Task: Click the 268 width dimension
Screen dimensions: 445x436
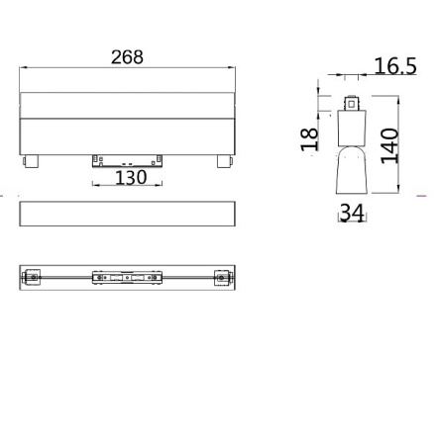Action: (127, 57)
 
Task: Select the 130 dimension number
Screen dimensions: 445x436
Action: (131, 177)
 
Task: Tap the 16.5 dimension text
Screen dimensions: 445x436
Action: (394, 66)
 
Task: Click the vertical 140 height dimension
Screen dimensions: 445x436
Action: (389, 144)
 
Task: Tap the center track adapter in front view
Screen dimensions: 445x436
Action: (128, 161)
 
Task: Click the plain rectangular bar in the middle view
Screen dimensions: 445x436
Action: (127, 213)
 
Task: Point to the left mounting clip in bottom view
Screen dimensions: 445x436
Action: (32, 278)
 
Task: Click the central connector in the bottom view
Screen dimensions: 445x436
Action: (128, 278)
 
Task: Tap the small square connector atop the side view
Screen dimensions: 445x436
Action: (351, 102)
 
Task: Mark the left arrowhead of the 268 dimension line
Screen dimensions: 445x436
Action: (23, 68)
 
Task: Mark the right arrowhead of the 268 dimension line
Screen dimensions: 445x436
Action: (233, 68)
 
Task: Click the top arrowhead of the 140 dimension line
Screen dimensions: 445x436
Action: (397, 99)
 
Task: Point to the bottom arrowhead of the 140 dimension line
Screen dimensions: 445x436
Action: (397, 194)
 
